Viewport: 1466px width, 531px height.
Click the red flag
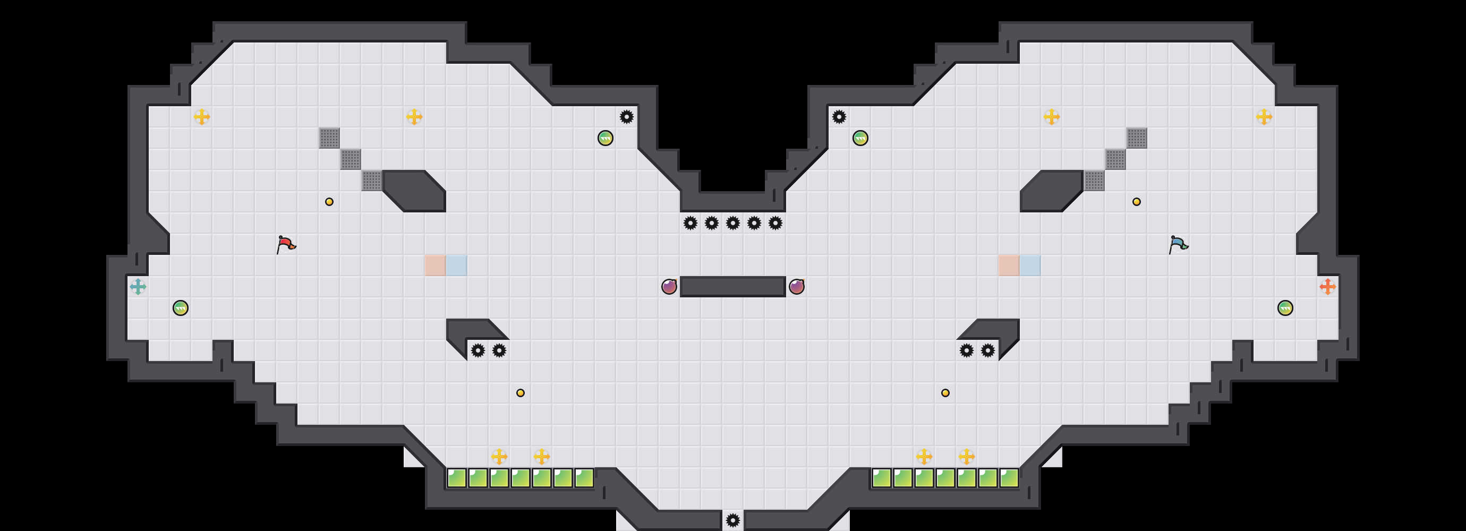click(286, 244)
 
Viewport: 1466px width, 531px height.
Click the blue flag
click(1178, 244)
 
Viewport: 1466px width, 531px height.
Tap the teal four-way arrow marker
click(138, 287)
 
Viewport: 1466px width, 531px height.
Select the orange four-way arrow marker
click(1327, 287)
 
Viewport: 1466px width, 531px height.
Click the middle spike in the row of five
click(733, 223)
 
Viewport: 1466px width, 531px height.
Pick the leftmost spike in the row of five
click(691, 223)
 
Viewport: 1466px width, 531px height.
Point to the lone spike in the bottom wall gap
click(733, 520)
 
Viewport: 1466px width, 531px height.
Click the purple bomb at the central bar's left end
click(669, 287)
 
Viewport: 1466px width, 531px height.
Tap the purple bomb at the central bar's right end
click(797, 287)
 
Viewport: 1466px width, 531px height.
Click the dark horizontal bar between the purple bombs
click(733, 287)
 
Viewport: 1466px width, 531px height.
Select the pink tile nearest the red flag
click(435, 265)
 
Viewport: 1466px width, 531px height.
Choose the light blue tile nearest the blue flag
click(1030, 265)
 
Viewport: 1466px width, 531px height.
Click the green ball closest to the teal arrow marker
click(181, 308)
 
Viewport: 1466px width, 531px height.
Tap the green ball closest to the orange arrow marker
click(1285, 308)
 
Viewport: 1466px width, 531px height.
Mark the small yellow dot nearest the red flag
click(329, 202)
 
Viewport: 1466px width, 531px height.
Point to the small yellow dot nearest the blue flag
click(1137, 202)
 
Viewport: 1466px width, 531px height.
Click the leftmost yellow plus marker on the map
click(201, 117)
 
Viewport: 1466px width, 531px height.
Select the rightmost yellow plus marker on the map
click(1264, 117)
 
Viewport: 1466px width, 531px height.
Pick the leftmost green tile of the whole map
click(456, 478)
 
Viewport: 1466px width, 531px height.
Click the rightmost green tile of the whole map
click(1009, 478)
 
